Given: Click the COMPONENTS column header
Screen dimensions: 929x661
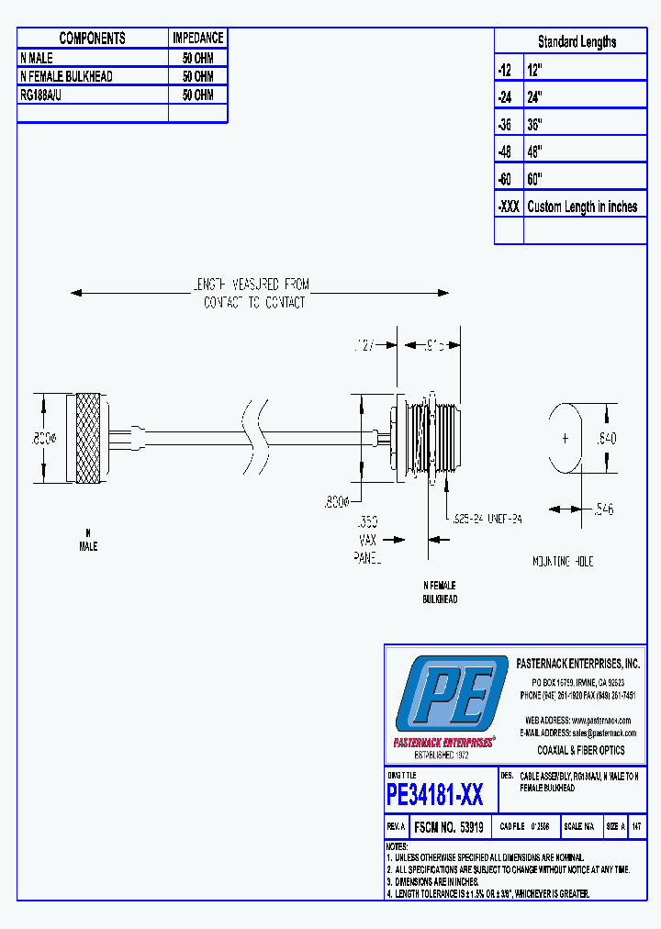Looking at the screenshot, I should point(92,38).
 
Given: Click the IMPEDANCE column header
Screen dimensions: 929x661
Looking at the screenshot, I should point(197,38).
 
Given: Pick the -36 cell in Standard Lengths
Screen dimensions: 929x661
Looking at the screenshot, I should point(508,124).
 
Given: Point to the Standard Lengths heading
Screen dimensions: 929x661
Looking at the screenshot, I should point(577,41).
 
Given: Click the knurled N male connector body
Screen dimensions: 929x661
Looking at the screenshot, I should point(89,439).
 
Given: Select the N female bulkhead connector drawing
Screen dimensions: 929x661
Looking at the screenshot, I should point(427,439).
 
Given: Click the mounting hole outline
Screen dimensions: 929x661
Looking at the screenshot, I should point(566,438).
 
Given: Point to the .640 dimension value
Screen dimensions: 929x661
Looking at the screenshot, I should point(607,439).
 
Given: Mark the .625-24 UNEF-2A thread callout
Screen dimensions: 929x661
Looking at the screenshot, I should point(487,520).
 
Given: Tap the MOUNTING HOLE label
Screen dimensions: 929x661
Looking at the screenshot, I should point(563,561).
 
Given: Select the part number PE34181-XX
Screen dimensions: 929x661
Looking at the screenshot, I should point(435,793).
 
